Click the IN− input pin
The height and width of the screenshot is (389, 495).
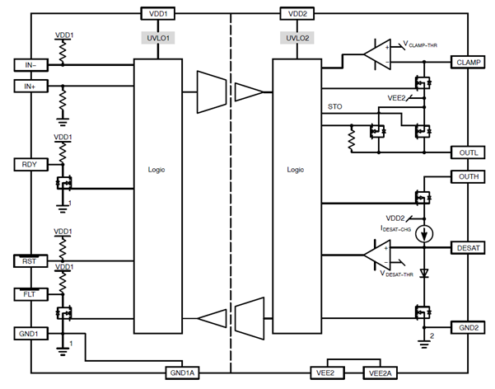[x=30, y=64]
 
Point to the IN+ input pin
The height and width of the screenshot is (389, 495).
[x=30, y=86]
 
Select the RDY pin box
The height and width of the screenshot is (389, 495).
[x=30, y=164]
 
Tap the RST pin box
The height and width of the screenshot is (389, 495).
[x=30, y=261]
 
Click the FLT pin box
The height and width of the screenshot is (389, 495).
[x=30, y=293]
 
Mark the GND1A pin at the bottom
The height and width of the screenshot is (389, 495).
[x=184, y=372]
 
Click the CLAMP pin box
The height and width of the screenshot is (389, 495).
[x=466, y=63]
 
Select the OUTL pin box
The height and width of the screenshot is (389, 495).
[x=466, y=152]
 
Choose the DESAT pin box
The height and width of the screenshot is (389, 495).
[x=466, y=246]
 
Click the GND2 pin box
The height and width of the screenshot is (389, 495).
[x=466, y=327]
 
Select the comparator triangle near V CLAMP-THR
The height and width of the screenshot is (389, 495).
[x=378, y=56]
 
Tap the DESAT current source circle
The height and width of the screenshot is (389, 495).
[x=424, y=232]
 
